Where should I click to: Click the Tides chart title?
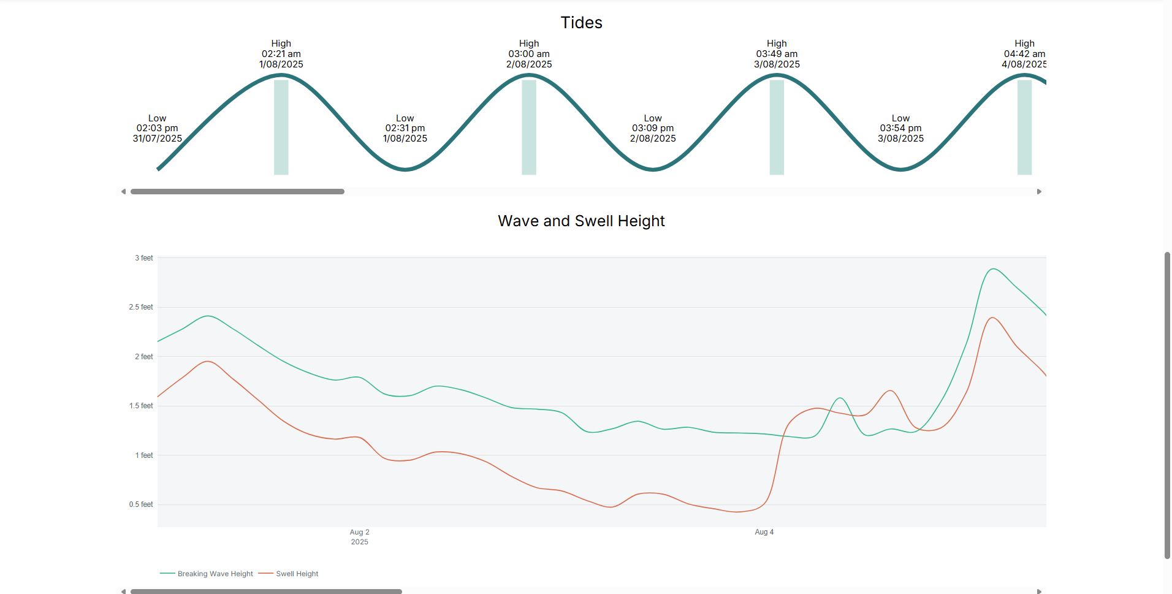coord(581,23)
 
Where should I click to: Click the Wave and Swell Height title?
coord(581,221)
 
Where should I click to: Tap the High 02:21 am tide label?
coord(281,54)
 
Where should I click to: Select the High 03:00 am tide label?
coord(528,54)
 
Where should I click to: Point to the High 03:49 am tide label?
coord(777,54)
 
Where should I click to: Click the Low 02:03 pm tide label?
coord(157,128)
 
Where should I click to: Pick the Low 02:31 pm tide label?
coord(405,128)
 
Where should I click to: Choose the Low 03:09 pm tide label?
coord(653,128)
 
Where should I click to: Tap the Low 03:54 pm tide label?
coord(900,128)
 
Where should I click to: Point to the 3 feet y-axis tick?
coord(144,258)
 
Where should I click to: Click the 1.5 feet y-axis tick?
coord(141,406)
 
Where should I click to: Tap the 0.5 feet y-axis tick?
coord(141,505)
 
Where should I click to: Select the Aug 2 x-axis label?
coord(359,532)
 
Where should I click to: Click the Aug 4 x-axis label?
coord(764,532)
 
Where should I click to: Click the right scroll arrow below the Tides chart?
coord(1039,192)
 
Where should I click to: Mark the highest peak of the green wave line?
coord(993,268)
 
